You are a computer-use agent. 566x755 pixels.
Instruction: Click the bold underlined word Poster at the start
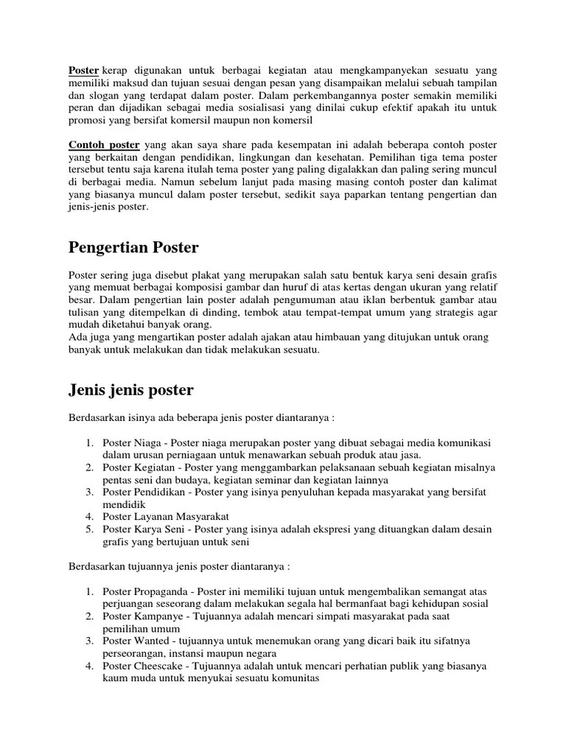[x=83, y=70]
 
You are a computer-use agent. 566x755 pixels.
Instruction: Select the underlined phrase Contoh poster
[x=104, y=145]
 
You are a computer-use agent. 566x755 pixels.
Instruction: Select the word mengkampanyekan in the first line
[x=382, y=70]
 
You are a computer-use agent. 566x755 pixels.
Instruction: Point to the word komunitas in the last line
[x=295, y=679]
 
